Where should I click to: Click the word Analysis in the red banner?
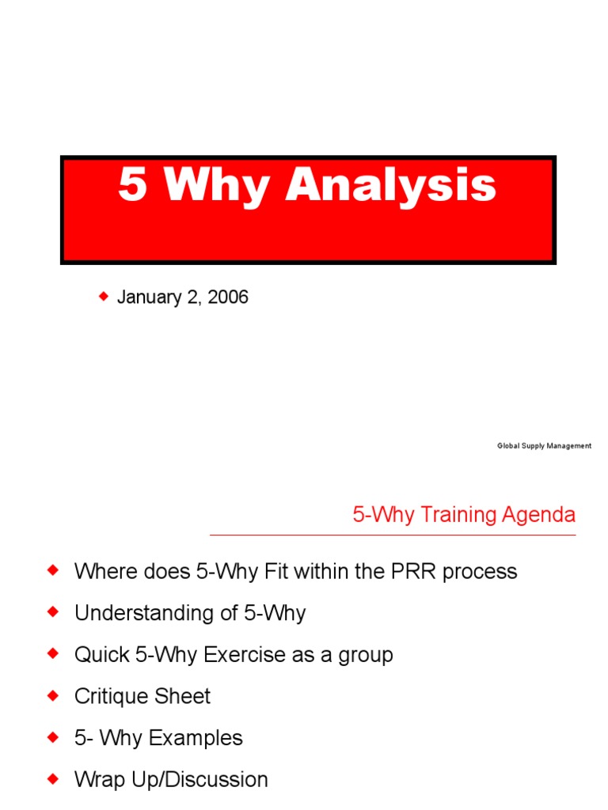391,187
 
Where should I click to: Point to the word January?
148,297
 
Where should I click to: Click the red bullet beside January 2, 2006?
103,297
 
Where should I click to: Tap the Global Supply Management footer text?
544,446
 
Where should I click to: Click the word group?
365,655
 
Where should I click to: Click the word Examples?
195,738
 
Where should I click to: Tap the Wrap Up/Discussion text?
171,779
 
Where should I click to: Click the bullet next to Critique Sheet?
54,695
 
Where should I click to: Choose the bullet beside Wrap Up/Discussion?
54,778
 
